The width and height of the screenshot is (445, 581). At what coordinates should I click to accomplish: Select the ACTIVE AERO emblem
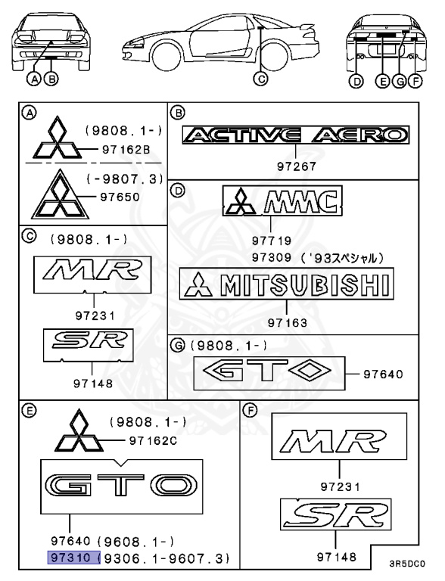click(296, 135)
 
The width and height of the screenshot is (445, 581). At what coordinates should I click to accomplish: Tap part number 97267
click(297, 166)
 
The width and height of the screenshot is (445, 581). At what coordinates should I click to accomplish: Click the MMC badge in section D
click(282, 200)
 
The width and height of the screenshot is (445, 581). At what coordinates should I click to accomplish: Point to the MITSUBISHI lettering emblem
click(287, 284)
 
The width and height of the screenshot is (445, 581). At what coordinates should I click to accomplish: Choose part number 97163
click(288, 323)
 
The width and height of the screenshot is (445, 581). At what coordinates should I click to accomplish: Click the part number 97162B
click(126, 150)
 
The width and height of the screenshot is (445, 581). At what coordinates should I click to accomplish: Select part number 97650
click(120, 197)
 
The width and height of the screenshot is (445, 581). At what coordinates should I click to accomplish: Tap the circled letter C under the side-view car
click(260, 79)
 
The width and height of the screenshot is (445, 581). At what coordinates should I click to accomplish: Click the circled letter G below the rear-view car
click(400, 81)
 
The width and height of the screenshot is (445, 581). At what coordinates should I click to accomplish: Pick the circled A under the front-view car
click(35, 79)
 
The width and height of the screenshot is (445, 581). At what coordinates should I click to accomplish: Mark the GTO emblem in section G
click(269, 374)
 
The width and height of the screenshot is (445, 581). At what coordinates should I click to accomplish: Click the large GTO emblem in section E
click(122, 486)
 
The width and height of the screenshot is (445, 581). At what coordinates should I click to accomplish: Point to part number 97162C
click(153, 441)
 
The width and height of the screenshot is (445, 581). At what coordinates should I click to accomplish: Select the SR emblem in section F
click(335, 514)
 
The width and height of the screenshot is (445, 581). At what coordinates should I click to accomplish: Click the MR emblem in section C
click(92, 275)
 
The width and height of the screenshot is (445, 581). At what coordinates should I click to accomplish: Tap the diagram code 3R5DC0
click(407, 564)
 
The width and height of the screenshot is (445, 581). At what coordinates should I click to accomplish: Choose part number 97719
click(272, 241)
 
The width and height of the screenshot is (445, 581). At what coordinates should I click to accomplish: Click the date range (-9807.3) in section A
click(125, 179)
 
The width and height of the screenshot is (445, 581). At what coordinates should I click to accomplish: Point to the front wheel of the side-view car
click(166, 56)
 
